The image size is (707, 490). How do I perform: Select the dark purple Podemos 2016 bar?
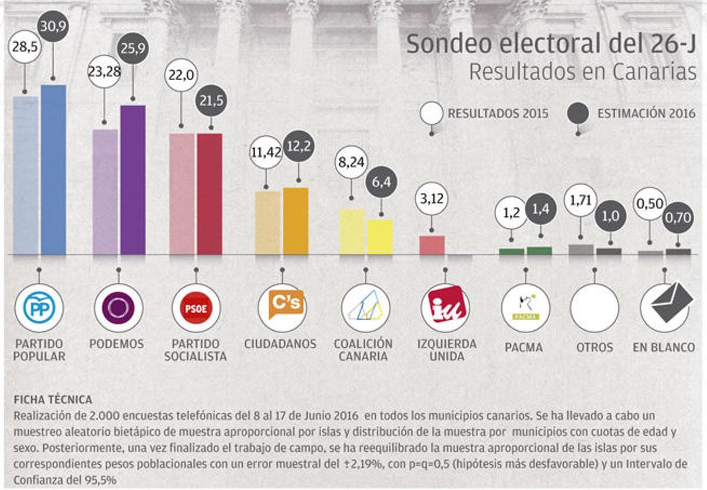(133, 180)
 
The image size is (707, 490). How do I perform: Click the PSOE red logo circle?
(196, 308)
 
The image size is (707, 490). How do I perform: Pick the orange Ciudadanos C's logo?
(282, 305)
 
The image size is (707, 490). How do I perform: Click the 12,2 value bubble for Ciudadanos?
(298, 146)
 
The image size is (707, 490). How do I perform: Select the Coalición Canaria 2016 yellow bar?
(380, 237)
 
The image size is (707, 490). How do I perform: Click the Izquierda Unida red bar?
(431, 245)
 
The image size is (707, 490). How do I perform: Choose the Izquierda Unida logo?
(445, 307)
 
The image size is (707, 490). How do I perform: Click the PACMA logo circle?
(525, 308)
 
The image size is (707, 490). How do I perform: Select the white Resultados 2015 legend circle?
(432, 113)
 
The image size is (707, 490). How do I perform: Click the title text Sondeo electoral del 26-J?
(550, 44)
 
